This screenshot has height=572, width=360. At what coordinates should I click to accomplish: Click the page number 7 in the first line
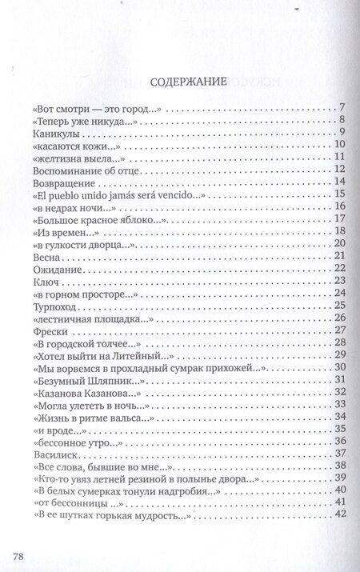[340, 108]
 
